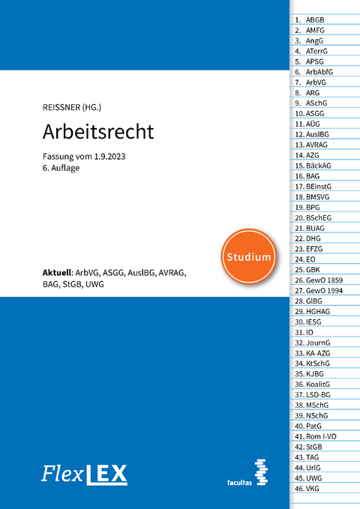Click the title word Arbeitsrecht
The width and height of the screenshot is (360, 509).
99,132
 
